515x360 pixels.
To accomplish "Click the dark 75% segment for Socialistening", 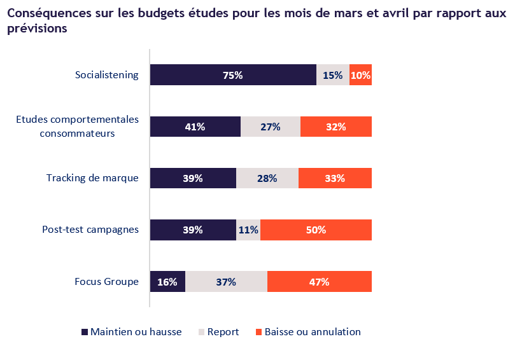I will point(233,75).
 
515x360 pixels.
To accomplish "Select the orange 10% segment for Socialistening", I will point(360,75).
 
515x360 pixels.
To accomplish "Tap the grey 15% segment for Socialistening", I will point(332,75).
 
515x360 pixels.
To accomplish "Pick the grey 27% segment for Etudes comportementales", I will point(271,127).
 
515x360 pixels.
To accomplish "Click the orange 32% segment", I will point(335,127).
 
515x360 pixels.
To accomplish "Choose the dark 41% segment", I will point(195,127).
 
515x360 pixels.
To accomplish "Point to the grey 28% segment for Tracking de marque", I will point(267,179).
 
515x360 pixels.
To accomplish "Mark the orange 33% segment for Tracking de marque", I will point(335,179).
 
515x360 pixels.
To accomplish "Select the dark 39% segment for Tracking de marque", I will point(193,179).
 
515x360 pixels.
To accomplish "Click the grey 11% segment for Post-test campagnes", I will point(248,230).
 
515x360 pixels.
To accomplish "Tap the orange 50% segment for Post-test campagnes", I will point(316,230).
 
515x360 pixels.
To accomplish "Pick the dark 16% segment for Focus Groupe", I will point(167,282).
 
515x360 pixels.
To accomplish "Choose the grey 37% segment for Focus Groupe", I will point(226,282).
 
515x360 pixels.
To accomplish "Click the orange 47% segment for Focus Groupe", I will point(319,282).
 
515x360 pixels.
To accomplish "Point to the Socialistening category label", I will point(106,75).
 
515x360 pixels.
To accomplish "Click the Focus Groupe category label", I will point(106,282).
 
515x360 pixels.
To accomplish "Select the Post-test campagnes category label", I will point(90,230).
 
